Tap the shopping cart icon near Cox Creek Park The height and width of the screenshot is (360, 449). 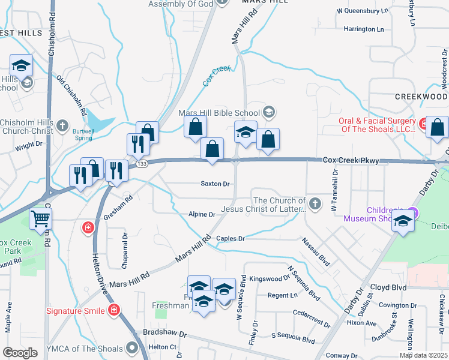point(40,220)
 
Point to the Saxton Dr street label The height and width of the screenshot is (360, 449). point(215,184)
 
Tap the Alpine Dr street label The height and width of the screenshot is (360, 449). point(202,214)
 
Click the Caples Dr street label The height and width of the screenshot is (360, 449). point(231,238)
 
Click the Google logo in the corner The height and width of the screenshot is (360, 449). point(20,353)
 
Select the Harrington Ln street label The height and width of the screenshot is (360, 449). point(363,29)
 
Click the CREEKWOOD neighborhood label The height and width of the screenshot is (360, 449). point(421,97)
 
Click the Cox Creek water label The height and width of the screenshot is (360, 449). point(217,77)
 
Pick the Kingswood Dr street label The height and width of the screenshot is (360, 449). point(270,279)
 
